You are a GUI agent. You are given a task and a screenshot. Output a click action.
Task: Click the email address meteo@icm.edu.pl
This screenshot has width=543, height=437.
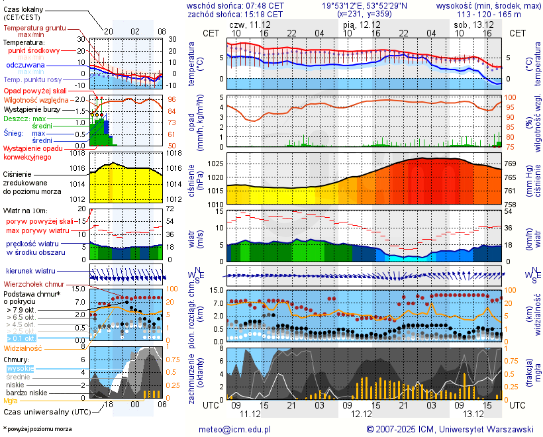(234, 429)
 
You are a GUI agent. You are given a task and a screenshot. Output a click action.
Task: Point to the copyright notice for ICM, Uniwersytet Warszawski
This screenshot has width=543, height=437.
(450, 429)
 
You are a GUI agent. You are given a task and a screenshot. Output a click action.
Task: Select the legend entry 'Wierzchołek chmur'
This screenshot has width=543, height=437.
(34, 284)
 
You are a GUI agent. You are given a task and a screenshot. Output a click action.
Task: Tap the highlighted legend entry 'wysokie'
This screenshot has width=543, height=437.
(20, 368)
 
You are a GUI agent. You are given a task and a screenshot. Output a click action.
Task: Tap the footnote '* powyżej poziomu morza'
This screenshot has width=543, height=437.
(37, 429)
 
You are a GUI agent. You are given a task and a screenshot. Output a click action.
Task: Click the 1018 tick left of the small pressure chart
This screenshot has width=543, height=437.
(77, 154)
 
